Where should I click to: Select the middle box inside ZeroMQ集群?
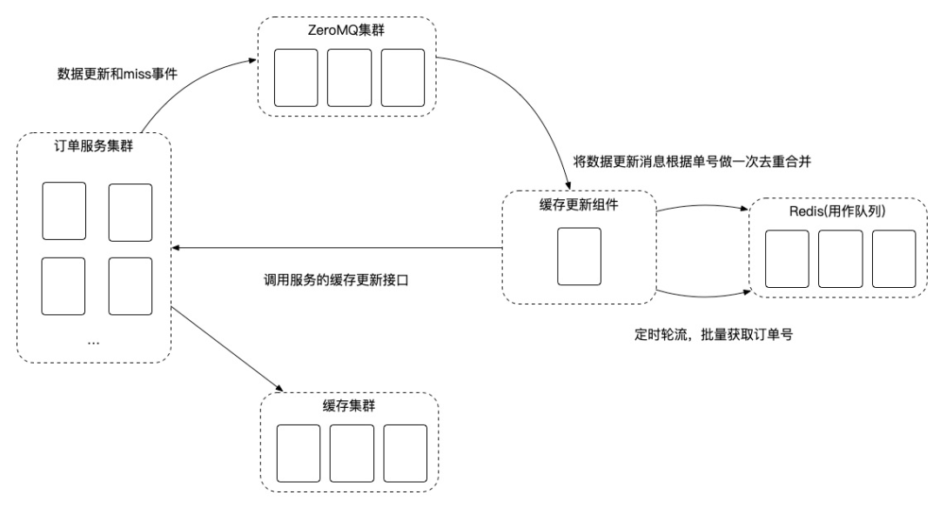pos(348,77)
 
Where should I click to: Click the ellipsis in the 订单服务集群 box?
pos(94,342)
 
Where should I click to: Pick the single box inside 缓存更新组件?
pos(579,256)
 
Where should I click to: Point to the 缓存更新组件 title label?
pos(580,207)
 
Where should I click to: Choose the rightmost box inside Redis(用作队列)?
pos(894,259)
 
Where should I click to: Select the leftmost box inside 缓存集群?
pos(298,453)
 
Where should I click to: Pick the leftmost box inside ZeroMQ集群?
pos(295,77)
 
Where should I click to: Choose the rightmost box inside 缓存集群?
pos(405,453)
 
